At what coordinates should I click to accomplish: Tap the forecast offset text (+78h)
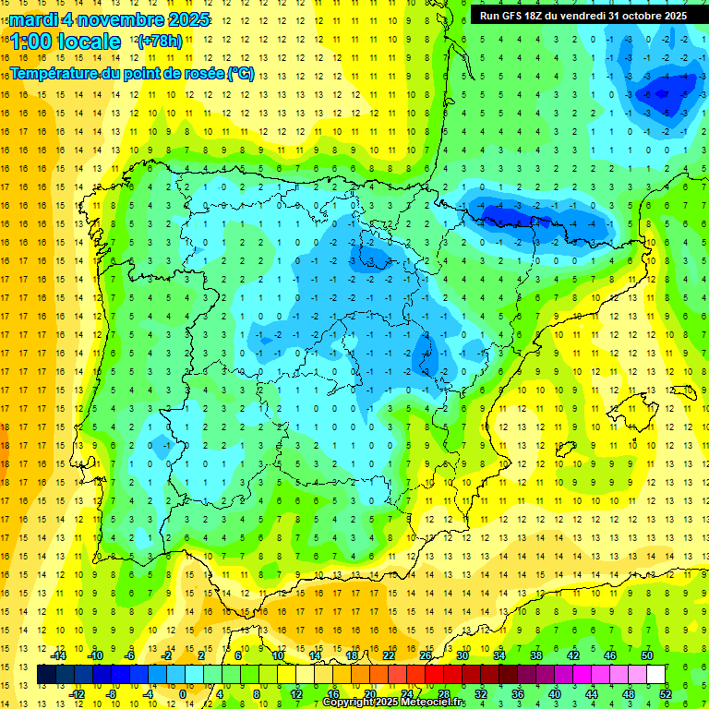pyautogui.click(x=160, y=41)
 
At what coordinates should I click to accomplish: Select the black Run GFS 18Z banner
pyautogui.click(x=583, y=15)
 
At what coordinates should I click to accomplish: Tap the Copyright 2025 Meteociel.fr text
pyautogui.click(x=393, y=703)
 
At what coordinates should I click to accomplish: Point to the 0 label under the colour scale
pyautogui.click(x=183, y=693)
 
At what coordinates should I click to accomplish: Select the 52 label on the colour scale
pyautogui.click(x=666, y=693)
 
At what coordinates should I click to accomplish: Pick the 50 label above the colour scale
pyautogui.click(x=647, y=655)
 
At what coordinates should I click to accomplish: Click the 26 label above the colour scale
pyautogui.click(x=426, y=655)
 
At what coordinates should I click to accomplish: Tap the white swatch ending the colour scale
pyautogui.click(x=655, y=675)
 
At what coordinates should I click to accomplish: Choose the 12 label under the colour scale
pyautogui.click(x=296, y=693)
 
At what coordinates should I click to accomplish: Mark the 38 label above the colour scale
pyautogui.click(x=536, y=655)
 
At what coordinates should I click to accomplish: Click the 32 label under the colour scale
pyautogui.click(x=481, y=693)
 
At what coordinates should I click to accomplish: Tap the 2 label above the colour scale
pyautogui.click(x=201, y=655)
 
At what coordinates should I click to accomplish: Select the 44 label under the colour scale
pyautogui.click(x=592, y=693)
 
